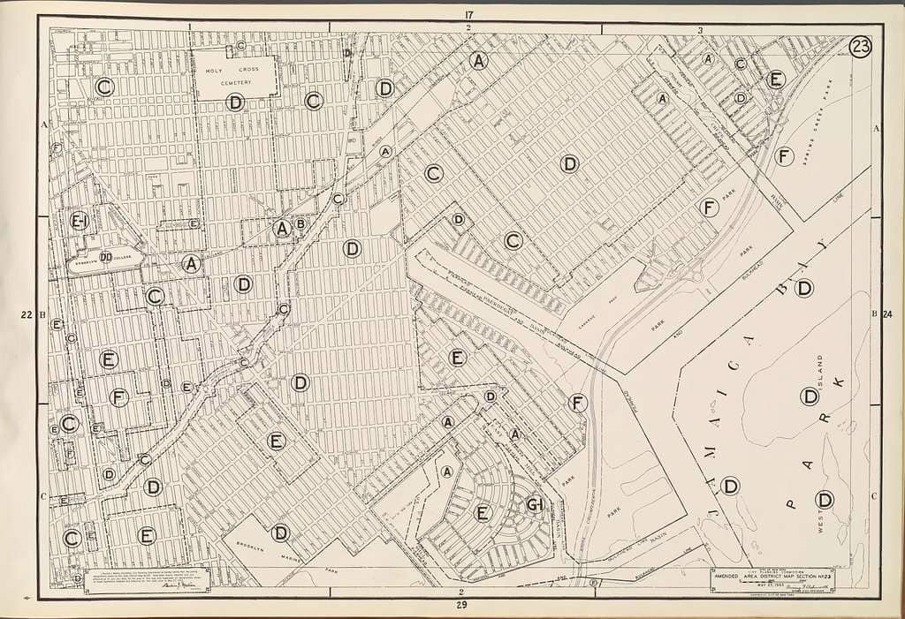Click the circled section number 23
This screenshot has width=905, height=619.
click(860, 47)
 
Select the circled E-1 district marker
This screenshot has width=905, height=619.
click(80, 221)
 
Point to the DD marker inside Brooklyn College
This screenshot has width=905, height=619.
click(105, 257)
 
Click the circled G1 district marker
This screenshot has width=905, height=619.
click(535, 505)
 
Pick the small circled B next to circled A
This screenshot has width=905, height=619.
click(300, 223)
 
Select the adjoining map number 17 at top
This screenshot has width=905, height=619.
click(468, 13)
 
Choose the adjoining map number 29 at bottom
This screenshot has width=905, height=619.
click(461, 605)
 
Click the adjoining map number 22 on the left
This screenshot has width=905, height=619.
click(26, 313)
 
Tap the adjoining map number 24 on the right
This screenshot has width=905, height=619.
click(887, 313)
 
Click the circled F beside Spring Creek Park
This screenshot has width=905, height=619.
click(783, 156)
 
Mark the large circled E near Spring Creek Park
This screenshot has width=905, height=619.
click(775, 79)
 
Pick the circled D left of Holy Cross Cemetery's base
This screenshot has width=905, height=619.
click(235, 102)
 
